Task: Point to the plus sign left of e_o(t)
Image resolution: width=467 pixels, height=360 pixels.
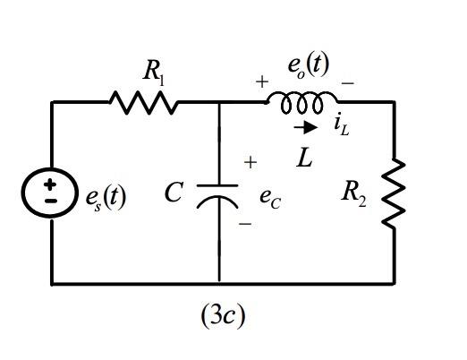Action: (262, 81)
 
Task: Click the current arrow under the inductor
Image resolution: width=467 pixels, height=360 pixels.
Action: (304, 127)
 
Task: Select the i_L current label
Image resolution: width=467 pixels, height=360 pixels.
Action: (341, 126)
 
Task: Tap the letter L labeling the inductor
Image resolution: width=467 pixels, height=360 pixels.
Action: (305, 159)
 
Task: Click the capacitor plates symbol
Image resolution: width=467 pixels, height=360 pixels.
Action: (218, 196)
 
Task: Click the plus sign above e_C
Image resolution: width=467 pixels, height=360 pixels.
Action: (250, 163)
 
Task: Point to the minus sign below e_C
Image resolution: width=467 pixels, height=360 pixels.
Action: (244, 226)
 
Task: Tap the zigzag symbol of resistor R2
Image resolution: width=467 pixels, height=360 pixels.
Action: (394, 193)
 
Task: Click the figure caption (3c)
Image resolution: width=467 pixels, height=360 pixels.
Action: (221, 316)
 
